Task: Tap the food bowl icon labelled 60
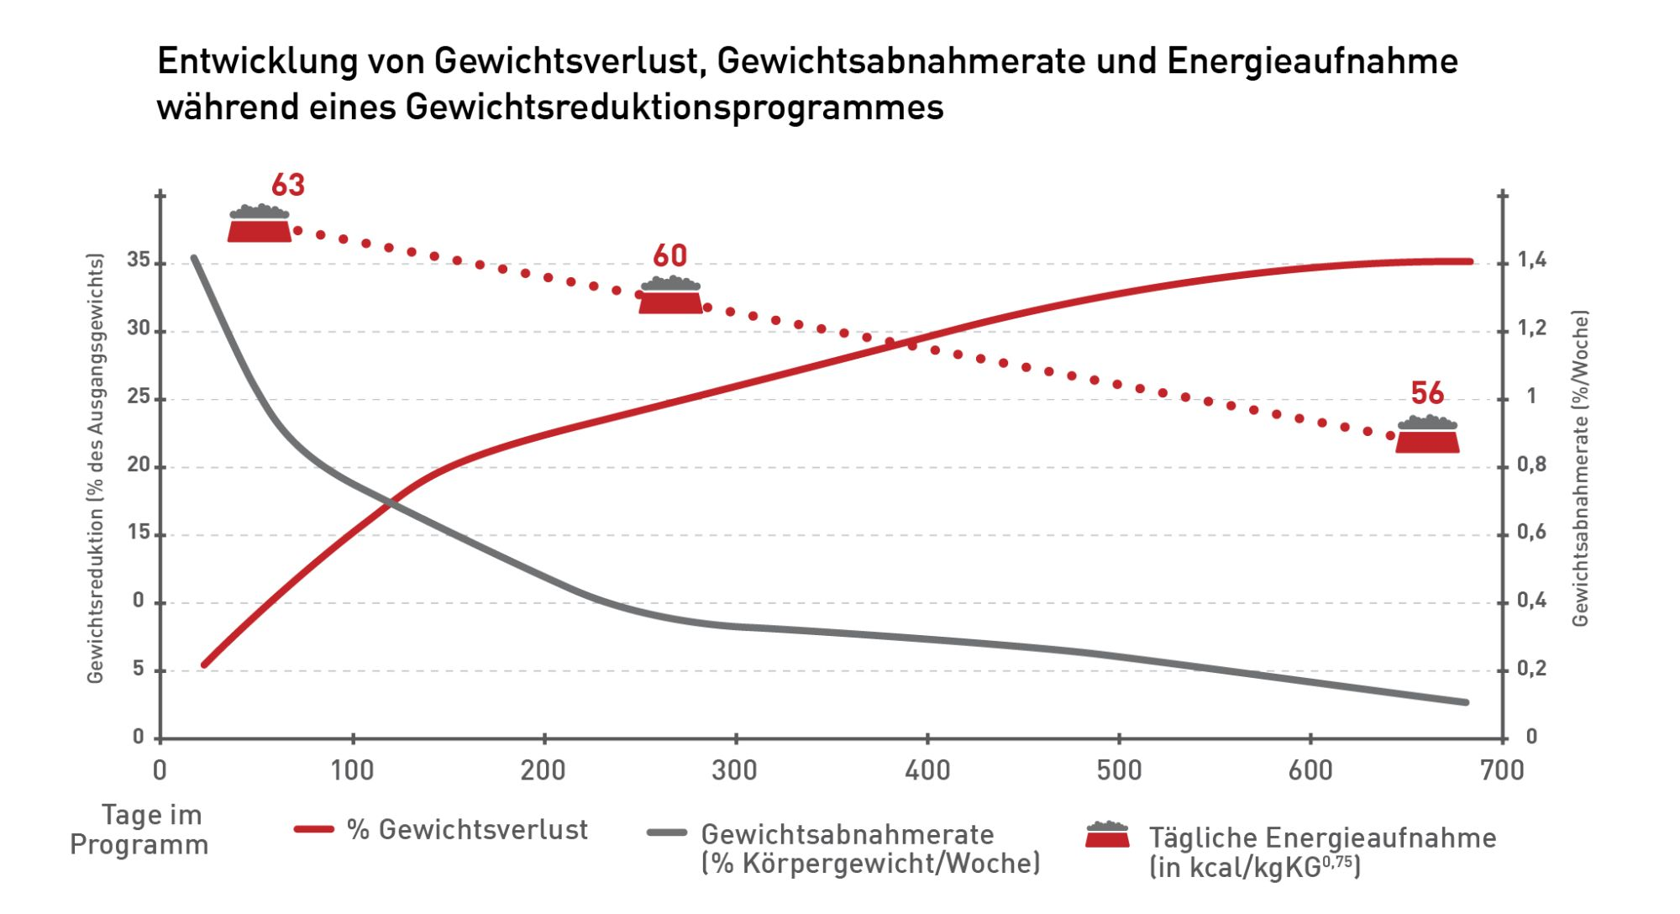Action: point(670,297)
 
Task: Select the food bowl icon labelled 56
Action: point(1427,435)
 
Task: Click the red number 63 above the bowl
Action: point(287,185)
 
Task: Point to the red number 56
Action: point(1427,393)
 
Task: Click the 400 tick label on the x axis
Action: point(927,770)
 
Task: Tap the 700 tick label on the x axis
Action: point(1502,770)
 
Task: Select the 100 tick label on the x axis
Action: point(352,770)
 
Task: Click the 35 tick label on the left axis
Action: point(139,260)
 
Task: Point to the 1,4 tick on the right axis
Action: point(1531,260)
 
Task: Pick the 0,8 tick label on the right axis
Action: point(1531,465)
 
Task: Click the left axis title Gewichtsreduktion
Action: point(95,468)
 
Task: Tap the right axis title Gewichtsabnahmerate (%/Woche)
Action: point(1580,468)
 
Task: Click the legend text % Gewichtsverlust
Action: point(467,830)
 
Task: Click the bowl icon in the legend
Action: point(1107,835)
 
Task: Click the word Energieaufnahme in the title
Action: point(1312,61)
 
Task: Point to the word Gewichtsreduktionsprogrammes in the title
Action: point(675,108)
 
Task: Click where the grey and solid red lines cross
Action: point(392,503)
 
